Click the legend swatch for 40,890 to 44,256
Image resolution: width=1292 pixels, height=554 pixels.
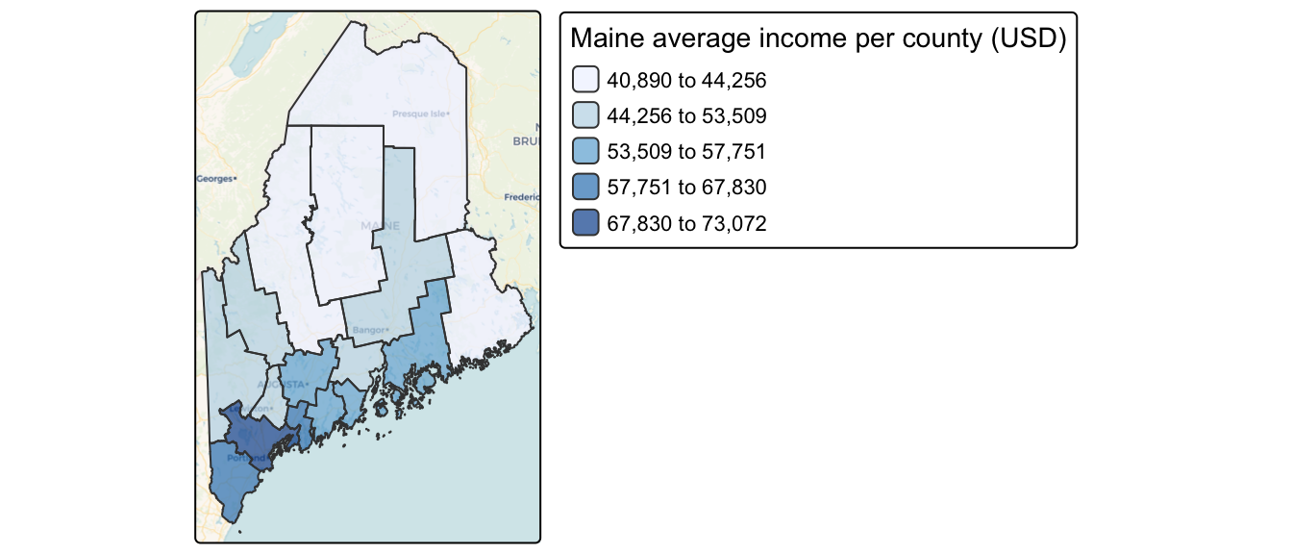584,80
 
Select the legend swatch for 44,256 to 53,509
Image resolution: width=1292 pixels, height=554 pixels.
584,115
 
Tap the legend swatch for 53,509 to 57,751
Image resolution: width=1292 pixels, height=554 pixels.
584,151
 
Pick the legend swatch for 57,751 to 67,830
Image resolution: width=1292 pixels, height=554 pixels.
584,187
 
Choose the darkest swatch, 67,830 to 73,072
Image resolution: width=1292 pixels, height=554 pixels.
584,222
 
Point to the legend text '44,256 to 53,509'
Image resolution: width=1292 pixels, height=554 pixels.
686,116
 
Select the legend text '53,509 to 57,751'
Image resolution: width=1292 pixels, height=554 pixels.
686,152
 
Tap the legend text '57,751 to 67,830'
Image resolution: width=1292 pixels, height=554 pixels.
686,188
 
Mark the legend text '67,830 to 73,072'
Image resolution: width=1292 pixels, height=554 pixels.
686,223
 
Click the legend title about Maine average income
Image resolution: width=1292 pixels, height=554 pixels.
817,40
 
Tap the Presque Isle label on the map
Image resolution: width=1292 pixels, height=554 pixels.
420,113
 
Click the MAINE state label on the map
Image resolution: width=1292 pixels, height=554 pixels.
380,225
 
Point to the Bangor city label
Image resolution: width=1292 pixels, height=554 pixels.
369,330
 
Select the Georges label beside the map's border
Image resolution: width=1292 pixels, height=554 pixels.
216,179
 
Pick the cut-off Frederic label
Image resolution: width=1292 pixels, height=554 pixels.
523,198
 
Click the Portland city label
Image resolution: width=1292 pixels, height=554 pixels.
239,458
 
